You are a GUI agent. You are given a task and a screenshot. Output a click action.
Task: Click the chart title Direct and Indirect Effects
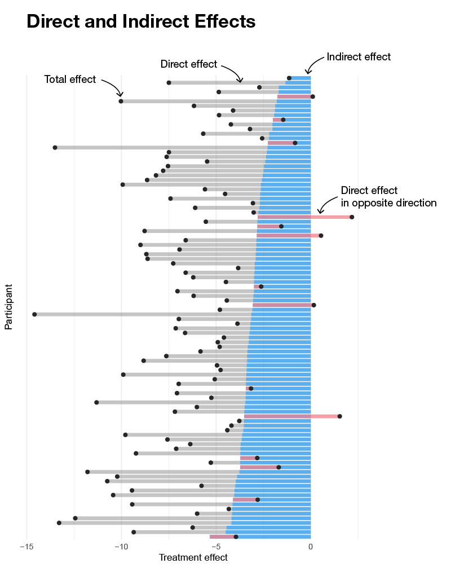[141, 21]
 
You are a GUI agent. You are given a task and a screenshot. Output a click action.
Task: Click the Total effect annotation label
[70, 80]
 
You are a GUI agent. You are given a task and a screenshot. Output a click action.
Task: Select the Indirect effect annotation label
[359, 57]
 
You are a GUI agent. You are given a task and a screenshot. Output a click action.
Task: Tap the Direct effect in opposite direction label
[388, 197]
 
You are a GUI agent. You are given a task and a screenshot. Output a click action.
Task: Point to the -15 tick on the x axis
[26, 547]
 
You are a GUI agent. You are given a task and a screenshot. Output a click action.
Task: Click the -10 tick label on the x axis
[121, 547]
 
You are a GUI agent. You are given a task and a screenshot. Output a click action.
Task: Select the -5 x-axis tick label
[215, 547]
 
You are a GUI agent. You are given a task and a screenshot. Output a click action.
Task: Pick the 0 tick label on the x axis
[311, 547]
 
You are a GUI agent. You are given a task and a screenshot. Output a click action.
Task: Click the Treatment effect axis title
[193, 558]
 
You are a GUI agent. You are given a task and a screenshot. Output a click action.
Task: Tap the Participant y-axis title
[9, 307]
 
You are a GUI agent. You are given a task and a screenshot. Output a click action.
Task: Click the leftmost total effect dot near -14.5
[34, 314]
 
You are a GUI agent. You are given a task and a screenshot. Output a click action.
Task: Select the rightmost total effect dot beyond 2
[352, 217]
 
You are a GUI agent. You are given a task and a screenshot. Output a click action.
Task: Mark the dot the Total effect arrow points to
[121, 101]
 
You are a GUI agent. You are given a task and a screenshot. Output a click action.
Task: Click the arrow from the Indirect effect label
[315, 64]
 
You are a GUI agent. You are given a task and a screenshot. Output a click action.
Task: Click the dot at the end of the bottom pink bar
[236, 537]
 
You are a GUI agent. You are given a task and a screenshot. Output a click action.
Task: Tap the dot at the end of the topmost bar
[289, 78]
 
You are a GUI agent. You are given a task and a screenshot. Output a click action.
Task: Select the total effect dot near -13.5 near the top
[55, 148]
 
